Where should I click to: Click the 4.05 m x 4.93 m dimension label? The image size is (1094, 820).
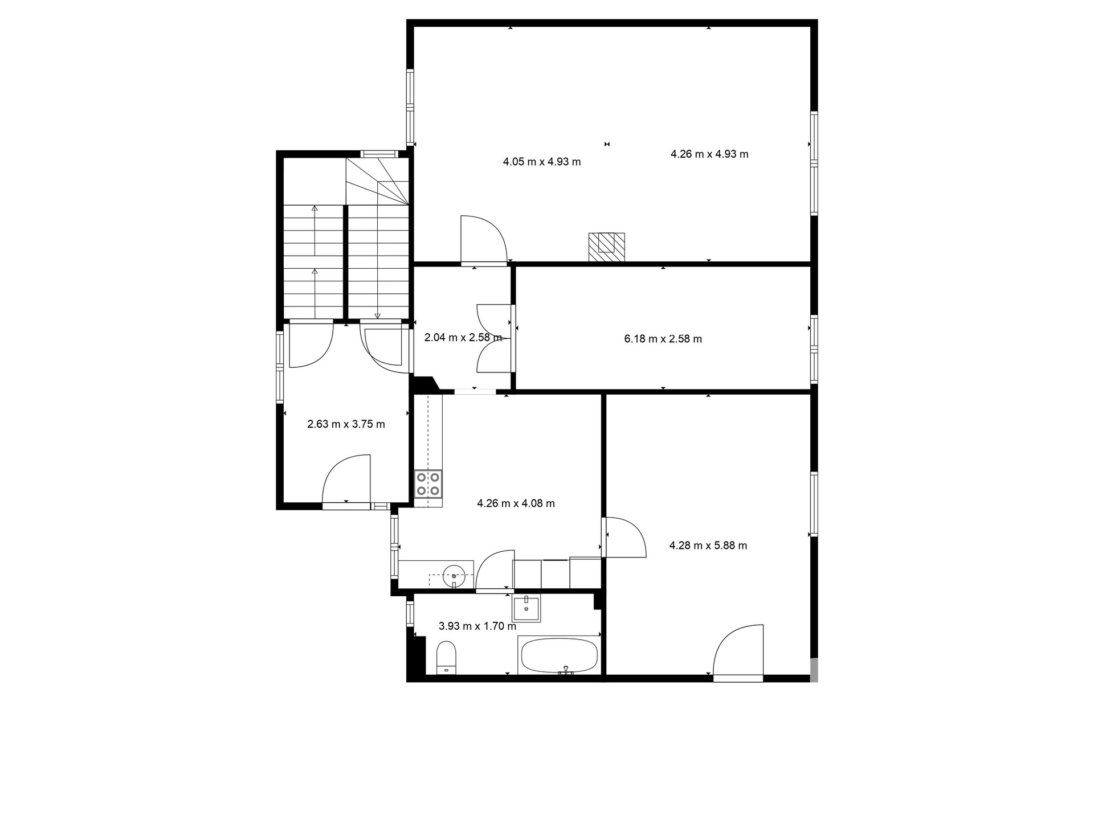pos(542,162)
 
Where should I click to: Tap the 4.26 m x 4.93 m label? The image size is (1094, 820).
pos(709,154)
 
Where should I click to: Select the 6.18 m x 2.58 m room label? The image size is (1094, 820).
pos(663,339)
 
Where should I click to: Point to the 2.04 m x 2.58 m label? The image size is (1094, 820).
pos(463,337)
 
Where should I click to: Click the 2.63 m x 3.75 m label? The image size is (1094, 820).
pos(346,424)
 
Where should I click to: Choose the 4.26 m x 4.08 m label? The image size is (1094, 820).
pos(516,503)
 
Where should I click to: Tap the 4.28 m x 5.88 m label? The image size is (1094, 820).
pos(708,546)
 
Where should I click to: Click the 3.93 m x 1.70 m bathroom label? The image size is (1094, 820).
pos(477,626)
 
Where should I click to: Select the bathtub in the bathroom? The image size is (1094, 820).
pos(559,655)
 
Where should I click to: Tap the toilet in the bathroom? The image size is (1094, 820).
pos(446,658)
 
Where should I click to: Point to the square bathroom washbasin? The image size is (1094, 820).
pos(526,609)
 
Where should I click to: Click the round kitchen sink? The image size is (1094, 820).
pos(454,575)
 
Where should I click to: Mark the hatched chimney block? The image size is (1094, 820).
pos(607,247)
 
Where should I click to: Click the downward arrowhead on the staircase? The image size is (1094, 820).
pos(377,315)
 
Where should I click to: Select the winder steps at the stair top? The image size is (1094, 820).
pos(378,181)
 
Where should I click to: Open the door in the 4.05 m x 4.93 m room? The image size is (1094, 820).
pos(483,240)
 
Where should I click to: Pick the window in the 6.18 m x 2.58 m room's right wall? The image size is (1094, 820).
pos(814,350)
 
